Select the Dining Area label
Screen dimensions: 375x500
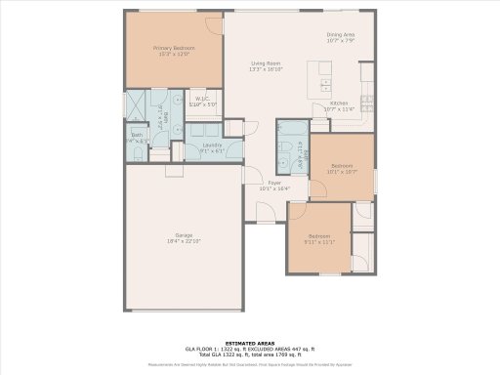[340, 34]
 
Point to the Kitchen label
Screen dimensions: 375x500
[338, 103]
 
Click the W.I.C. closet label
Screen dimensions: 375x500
[201, 98]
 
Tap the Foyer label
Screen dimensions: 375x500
[276, 183]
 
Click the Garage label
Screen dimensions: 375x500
[183, 234]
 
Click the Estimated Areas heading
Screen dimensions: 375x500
[249, 344]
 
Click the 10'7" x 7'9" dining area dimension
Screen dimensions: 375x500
[340, 41]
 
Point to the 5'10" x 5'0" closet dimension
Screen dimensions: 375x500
[201, 104]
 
